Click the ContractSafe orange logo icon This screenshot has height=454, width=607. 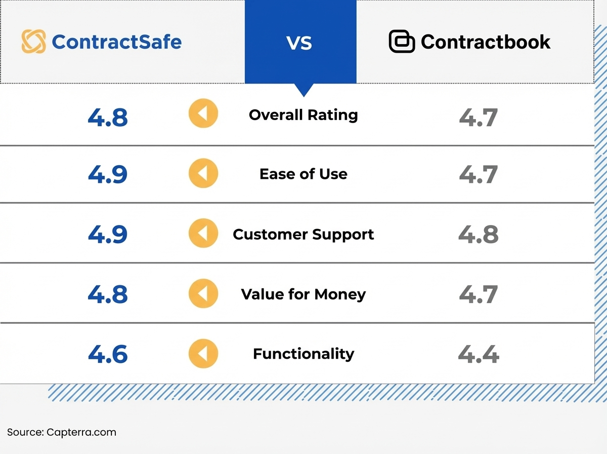[33, 42]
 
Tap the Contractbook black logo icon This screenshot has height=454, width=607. [402, 42]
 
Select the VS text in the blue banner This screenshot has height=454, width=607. [299, 43]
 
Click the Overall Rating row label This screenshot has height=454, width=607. [303, 115]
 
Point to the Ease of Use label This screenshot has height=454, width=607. [303, 174]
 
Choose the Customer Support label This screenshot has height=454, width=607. [303, 235]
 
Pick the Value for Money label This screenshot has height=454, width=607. [303, 294]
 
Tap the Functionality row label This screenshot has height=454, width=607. [303, 354]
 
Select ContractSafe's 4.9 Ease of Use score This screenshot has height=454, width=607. [108, 175]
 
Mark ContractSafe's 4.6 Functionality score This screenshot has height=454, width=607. [108, 354]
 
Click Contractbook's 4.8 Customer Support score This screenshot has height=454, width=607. [478, 235]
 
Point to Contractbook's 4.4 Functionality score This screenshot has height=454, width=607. [478, 354]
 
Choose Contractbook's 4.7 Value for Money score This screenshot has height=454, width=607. [478, 295]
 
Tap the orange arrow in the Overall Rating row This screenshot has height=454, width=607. [203, 113]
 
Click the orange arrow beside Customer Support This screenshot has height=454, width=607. [203, 234]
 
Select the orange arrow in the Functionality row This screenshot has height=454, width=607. [203, 353]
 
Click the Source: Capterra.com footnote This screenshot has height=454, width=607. [61, 432]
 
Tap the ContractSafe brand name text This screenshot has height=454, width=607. [116, 42]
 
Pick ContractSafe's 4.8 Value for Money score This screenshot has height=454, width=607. [108, 295]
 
